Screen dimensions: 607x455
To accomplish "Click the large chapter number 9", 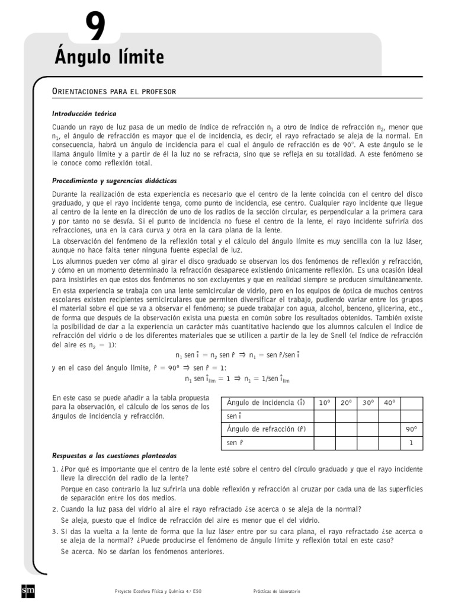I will point(95,27).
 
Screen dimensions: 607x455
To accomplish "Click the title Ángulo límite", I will point(109,57).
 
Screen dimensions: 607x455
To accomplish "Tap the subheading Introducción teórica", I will point(84,113).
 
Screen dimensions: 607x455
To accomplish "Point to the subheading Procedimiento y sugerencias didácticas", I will point(114,180).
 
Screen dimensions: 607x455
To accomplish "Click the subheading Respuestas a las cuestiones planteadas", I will point(114,456).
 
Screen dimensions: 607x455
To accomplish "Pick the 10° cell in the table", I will point(324,402).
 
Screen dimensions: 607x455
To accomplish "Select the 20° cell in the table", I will point(346,402).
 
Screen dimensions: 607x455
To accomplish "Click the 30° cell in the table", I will point(368,402).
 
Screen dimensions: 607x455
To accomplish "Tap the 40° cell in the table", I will point(390,402).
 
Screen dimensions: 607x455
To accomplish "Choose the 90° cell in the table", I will point(412,429).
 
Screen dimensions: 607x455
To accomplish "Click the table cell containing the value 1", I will point(412,443).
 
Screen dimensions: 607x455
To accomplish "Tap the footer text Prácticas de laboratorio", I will point(277,592).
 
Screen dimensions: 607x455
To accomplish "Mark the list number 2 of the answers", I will point(55,509).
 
